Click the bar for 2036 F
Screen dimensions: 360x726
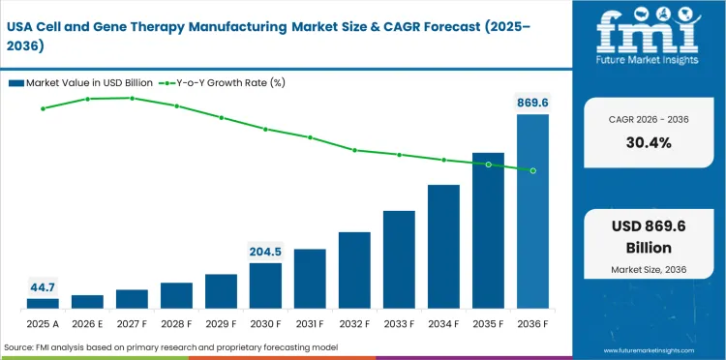[x=532, y=212]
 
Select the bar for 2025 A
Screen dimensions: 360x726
[x=43, y=304]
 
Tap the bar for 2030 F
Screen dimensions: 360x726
[x=265, y=285]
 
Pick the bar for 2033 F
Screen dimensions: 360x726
[x=399, y=259]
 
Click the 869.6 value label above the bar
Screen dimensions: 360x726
[x=532, y=101]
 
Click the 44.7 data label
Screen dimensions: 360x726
[x=43, y=286]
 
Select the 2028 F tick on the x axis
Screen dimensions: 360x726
[x=176, y=324]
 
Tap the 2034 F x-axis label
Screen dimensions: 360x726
[x=443, y=324]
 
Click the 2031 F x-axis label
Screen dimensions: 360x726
[x=310, y=324]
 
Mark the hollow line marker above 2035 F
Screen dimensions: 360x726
[x=488, y=165]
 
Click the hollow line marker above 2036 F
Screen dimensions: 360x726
[x=532, y=170]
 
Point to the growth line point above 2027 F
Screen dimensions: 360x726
[x=132, y=98]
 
